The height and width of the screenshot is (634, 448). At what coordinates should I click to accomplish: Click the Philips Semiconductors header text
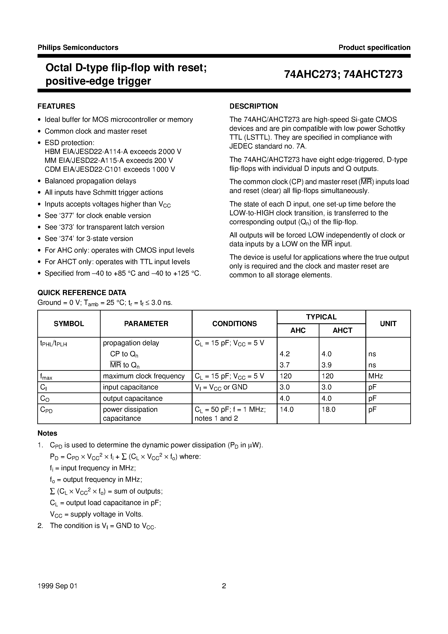(78, 47)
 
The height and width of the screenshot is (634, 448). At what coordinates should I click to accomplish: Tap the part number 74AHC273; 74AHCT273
(343, 75)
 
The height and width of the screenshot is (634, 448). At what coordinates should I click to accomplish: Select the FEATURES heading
(56, 106)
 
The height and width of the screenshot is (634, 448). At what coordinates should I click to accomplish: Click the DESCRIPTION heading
(253, 106)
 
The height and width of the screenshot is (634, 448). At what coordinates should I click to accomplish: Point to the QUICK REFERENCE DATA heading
(82, 293)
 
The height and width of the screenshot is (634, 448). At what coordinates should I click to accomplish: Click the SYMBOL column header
(69, 324)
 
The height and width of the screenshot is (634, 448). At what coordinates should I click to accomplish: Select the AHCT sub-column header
(342, 330)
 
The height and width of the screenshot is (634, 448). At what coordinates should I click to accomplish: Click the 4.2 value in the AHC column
(285, 354)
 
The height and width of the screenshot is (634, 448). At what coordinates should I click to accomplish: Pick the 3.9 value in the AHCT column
(327, 365)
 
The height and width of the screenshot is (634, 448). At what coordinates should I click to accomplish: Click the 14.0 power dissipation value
(287, 410)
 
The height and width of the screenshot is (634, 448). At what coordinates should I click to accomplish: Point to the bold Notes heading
(47, 433)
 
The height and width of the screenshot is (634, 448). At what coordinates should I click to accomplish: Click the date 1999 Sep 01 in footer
(57, 586)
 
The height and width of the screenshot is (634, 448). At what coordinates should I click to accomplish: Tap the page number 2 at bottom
(224, 586)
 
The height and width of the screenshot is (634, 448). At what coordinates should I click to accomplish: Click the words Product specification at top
(374, 47)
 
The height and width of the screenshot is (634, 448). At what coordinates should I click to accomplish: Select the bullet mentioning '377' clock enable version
(98, 216)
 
